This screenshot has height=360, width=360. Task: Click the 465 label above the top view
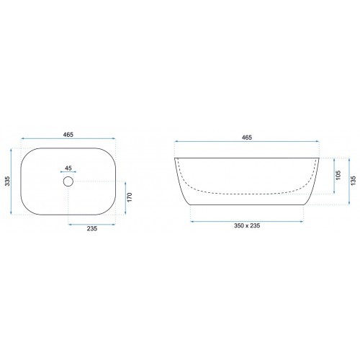click(x=68, y=135)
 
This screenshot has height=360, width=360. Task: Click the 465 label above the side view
click(x=247, y=138)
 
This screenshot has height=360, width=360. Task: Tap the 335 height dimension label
click(x=7, y=181)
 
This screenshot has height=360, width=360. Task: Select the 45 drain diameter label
click(x=68, y=168)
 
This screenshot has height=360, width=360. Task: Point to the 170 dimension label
click(x=130, y=197)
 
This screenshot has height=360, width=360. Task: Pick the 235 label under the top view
click(x=92, y=228)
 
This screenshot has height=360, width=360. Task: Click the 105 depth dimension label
click(x=338, y=175)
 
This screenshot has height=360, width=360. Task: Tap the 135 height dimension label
click(x=353, y=181)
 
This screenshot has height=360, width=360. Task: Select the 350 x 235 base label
click(x=247, y=225)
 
